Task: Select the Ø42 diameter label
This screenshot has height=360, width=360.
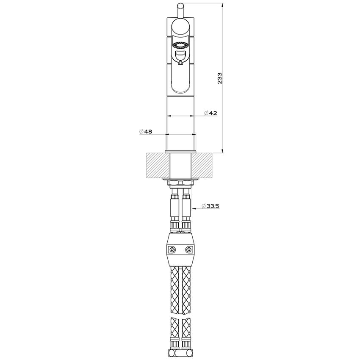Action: click(x=210, y=113)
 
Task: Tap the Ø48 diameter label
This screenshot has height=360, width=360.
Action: click(x=146, y=132)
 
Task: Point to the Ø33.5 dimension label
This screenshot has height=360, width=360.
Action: click(x=210, y=206)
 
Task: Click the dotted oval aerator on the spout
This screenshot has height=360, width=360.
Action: click(x=180, y=45)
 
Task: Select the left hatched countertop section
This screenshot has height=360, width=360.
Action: click(x=157, y=165)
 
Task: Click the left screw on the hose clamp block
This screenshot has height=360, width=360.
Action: click(x=172, y=250)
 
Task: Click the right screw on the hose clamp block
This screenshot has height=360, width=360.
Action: click(x=188, y=250)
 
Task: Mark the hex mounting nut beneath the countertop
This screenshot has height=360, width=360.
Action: click(x=180, y=183)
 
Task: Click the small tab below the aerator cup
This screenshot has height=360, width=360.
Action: click(x=180, y=64)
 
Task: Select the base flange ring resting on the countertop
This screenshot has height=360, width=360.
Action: click(x=180, y=151)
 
